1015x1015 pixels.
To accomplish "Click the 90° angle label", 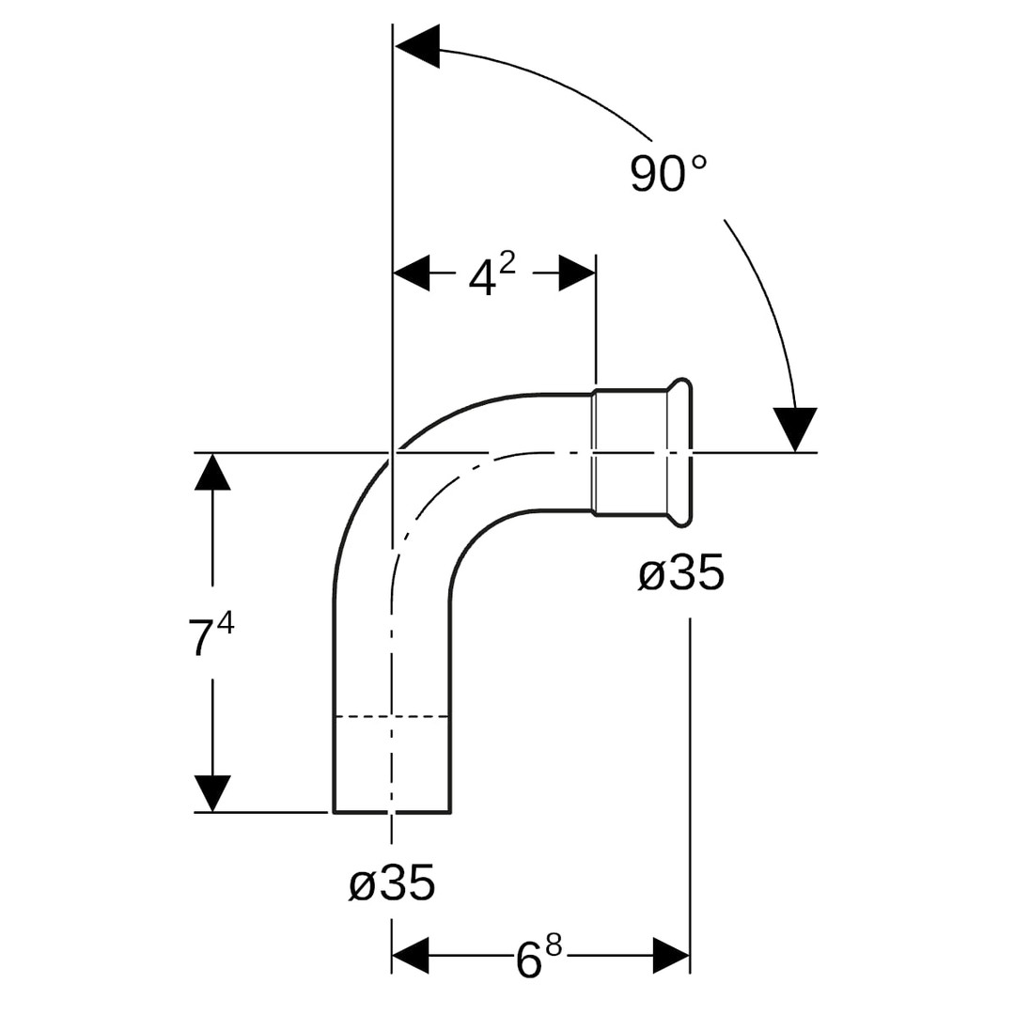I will (668, 174).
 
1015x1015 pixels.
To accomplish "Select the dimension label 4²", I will (491, 274).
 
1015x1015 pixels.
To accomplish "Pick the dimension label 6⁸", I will (539, 958).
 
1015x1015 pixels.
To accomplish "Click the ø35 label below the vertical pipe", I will (392, 884).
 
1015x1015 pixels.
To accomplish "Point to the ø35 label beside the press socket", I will (681, 572).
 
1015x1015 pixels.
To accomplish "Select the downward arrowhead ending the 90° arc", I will (795, 428).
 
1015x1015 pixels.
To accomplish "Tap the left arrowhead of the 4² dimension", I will (411, 273).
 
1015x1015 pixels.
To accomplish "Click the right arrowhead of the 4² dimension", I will (577, 273).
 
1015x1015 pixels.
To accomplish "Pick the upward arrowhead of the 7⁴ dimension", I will (213, 472).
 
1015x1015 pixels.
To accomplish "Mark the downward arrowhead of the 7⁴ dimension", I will (213, 792).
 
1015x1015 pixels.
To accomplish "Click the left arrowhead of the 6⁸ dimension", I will (411, 956).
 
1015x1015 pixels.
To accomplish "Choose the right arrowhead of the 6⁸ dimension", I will (671, 956).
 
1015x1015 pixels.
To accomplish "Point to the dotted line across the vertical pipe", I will (392, 717).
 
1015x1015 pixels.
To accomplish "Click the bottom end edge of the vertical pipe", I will (392, 811).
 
